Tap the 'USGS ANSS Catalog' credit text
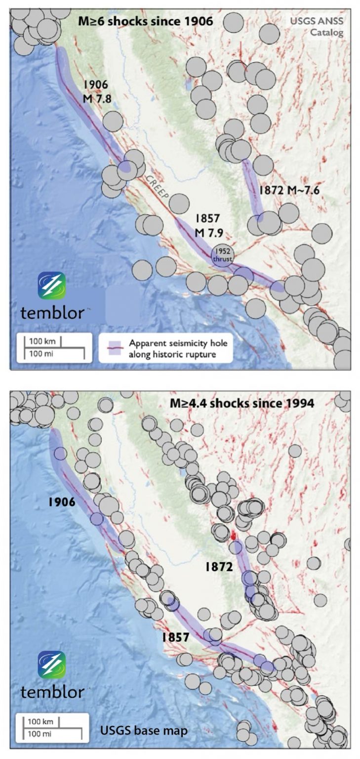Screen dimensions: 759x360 320,27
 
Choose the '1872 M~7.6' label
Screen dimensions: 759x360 290,191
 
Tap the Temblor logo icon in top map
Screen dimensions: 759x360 52,286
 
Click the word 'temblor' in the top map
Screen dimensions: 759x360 53,312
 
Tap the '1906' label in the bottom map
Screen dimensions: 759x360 61,502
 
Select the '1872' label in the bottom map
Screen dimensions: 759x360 219,567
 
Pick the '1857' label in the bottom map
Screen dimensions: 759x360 175,637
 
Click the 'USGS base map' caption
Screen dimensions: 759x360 144,730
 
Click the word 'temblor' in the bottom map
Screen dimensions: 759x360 53,692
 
